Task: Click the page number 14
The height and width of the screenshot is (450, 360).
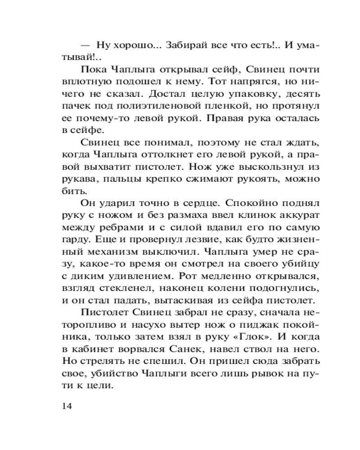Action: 66,406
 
